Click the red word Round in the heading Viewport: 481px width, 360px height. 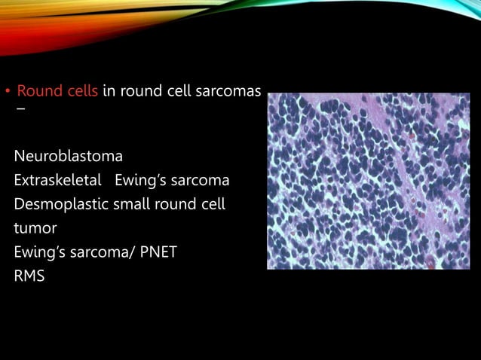(x=37, y=92)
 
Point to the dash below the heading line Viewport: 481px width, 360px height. (x=20, y=110)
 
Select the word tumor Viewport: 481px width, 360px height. (x=35, y=228)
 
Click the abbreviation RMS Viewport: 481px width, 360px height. (x=29, y=276)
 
